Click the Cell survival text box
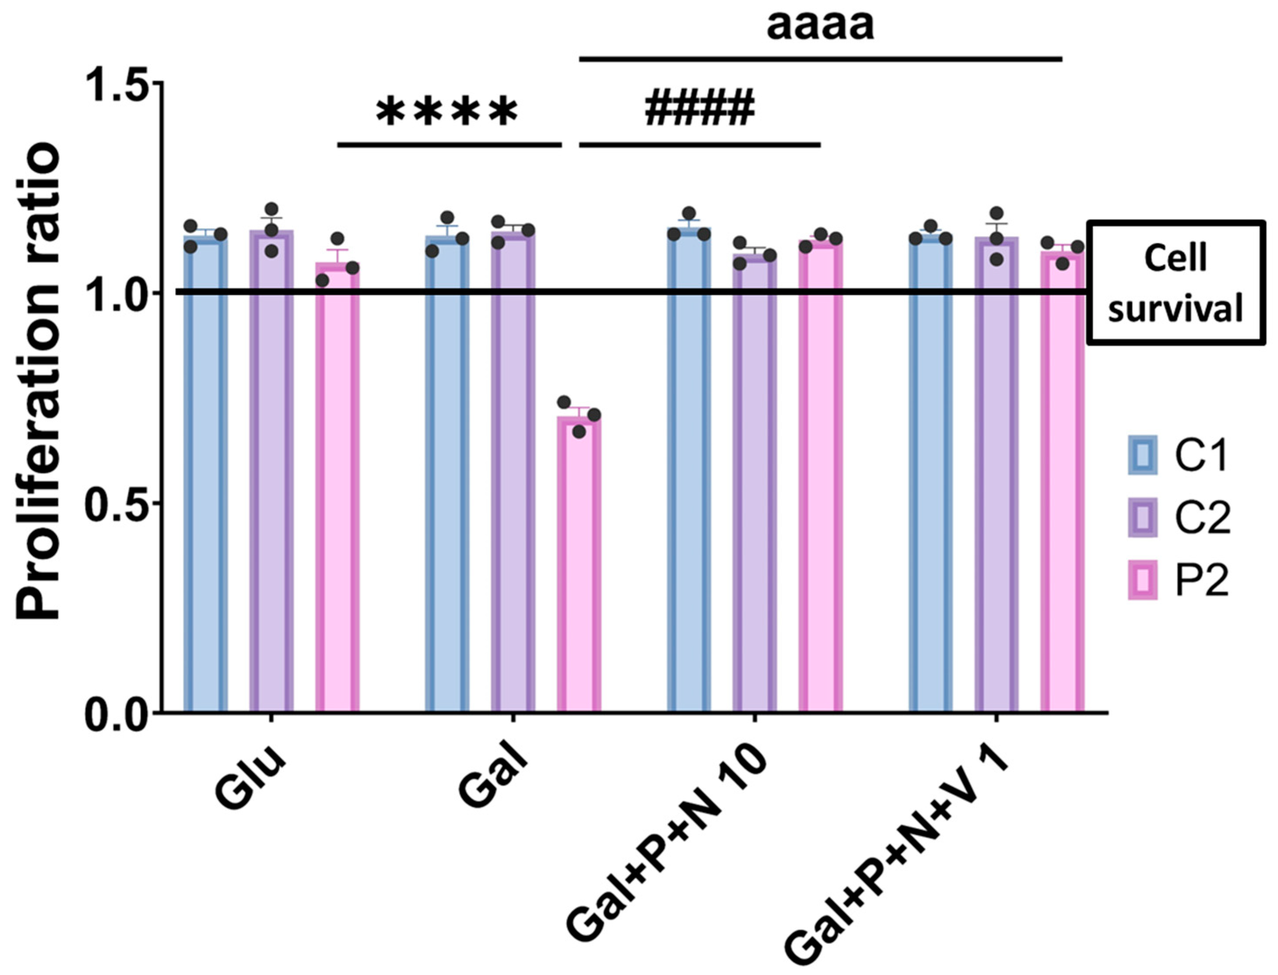[1175, 283]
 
